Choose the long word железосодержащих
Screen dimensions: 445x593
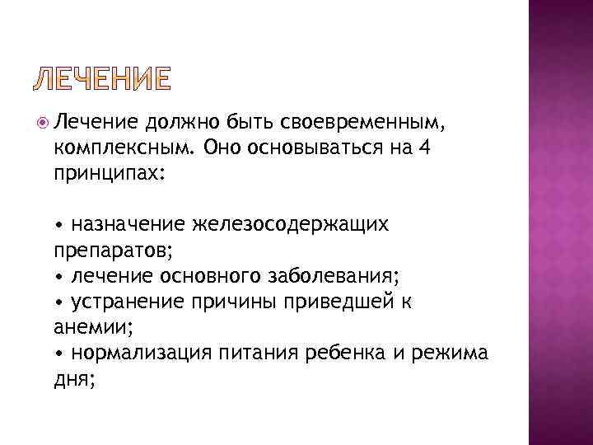(292, 223)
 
